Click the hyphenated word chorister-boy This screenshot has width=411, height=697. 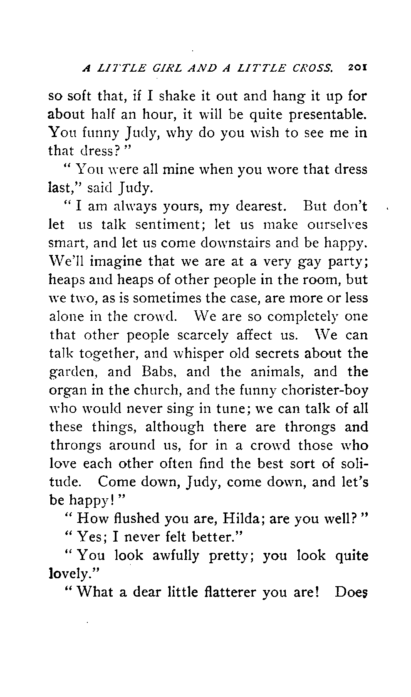click(325, 390)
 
